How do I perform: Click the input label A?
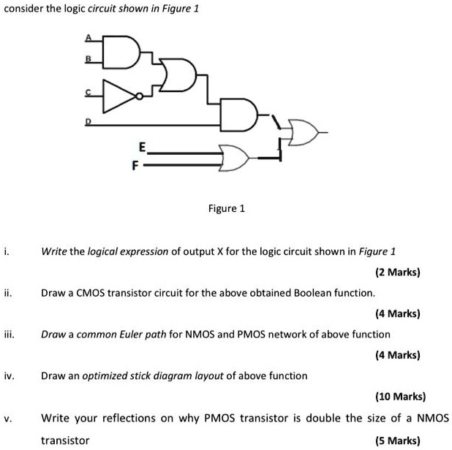pyautogui.click(x=88, y=37)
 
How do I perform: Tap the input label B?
pyautogui.click(x=88, y=58)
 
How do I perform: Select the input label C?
pyautogui.click(x=88, y=92)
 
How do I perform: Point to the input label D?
pyautogui.click(x=88, y=122)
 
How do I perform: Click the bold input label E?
pyautogui.click(x=143, y=147)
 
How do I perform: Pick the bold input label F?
pyautogui.click(x=135, y=166)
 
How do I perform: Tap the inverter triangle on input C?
pyautogui.click(x=119, y=96)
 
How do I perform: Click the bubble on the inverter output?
pyautogui.click(x=139, y=96)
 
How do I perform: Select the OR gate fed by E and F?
pyautogui.click(x=234, y=158)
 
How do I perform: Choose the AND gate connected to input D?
pyautogui.click(x=238, y=115)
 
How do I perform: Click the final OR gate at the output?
pyautogui.click(x=304, y=132)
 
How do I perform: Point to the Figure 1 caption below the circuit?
pyautogui.click(x=227, y=208)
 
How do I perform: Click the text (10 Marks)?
pyautogui.click(x=400, y=397)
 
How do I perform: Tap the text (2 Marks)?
pyautogui.click(x=398, y=272)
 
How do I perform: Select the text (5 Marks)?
pyautogui.click(x=398, y=441)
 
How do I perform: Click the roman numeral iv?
pyautogui.click(x=10, y=375)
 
